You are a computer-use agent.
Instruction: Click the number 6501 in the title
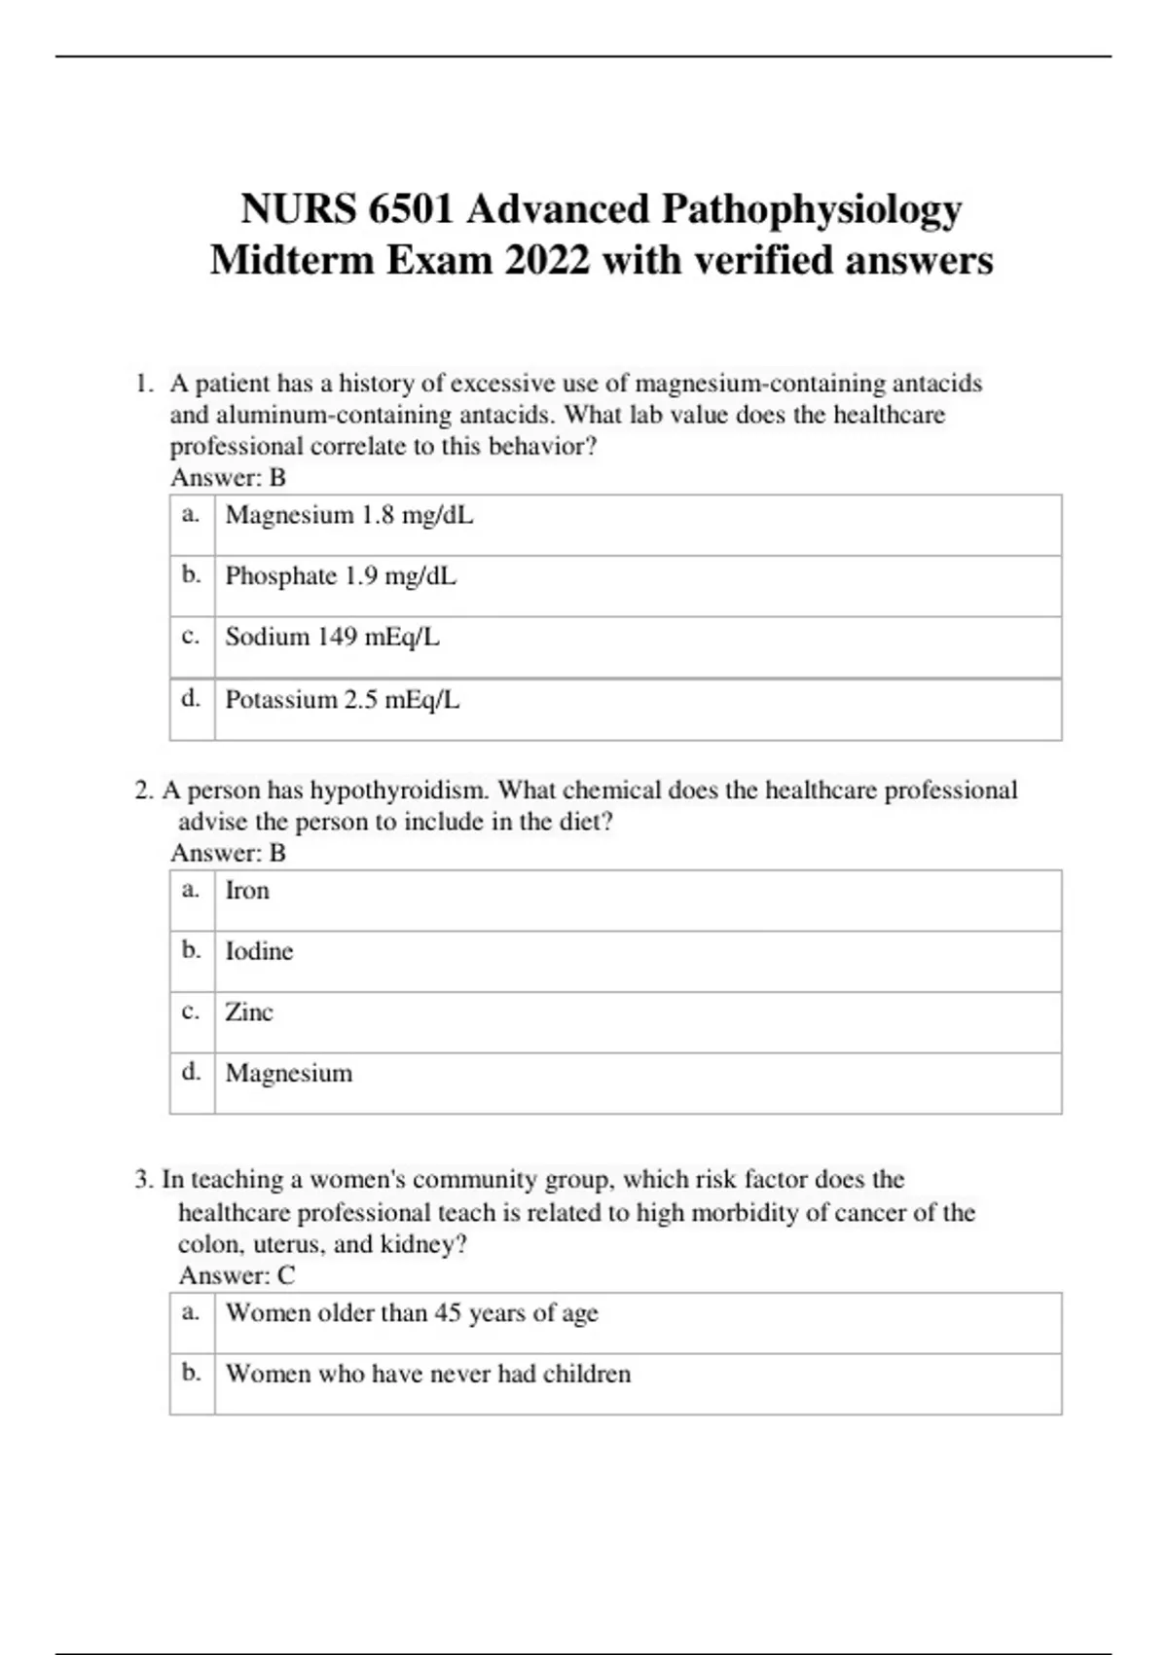click(410, 209)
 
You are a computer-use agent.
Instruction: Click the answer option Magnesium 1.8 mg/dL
click(349, 515)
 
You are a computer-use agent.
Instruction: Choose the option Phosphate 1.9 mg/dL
click(341, 576)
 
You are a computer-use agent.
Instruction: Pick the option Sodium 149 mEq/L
click(332, 637)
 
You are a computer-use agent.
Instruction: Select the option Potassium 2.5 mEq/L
click(342, 700)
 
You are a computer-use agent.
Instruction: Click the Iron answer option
click(247, 891)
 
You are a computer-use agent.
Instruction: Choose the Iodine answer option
click(259, 951)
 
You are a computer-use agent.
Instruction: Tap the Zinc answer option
click(249, 1012)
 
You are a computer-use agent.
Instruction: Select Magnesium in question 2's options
click(289, 1074)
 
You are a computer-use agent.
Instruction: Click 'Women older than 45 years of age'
click(412, 1313)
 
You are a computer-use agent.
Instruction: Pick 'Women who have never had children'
click(428, 1374)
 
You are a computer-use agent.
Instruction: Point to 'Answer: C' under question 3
click(237, 1275)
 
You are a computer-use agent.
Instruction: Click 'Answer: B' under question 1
click(228, 478)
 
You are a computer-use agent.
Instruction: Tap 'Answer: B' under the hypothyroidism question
click(228, 854)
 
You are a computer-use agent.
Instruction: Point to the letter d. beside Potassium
click(191, 698)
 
